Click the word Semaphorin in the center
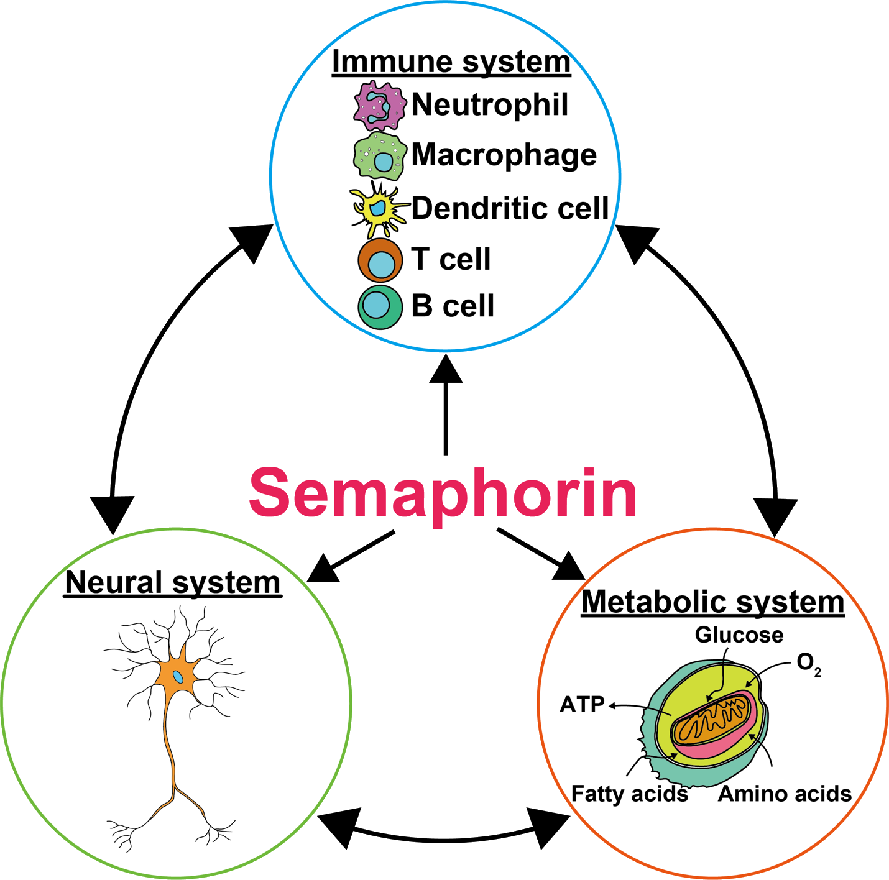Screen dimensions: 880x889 443,493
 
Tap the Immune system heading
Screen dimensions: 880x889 451,62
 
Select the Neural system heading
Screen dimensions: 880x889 173,583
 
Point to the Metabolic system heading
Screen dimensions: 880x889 712,602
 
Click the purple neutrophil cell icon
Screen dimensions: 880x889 379,105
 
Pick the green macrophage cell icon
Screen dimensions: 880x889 379,156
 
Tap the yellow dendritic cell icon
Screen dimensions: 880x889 377,209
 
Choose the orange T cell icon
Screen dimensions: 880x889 380,260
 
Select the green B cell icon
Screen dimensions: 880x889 380,306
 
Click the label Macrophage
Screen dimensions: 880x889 504,155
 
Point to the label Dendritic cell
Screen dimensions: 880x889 510,208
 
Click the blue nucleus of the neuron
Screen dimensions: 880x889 178,677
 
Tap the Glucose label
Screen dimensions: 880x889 739,635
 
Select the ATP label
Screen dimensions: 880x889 582,705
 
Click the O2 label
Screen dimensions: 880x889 808,664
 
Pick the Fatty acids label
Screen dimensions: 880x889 629,794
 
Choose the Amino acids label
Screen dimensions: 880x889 785,794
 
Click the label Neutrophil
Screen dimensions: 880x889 490,104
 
